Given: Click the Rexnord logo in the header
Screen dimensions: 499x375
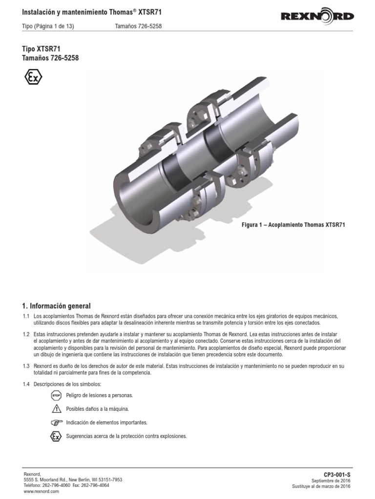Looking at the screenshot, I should click(x=317, y=17).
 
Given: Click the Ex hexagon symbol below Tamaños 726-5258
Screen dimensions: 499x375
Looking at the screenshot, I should click(x=33, y=77).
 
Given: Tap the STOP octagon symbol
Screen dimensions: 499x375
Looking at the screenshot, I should click(x=56, y=395).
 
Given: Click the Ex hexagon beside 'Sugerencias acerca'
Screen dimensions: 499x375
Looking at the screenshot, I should click(x=56, y=436).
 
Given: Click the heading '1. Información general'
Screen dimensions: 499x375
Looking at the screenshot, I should click(x=56, y=306).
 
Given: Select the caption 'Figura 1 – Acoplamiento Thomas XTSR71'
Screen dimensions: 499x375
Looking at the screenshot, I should click(x=293, y=225).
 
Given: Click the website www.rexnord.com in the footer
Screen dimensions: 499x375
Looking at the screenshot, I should click(x=42, y=492).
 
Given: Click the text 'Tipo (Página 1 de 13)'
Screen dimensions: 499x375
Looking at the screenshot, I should click(x=48, y=26).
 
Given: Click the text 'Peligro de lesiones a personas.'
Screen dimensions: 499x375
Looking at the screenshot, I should click(x=99, y=395).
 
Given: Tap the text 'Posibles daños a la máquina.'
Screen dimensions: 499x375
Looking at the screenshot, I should click(x=97, y=409).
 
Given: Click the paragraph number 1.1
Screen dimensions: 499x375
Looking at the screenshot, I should click(x=26, y=316).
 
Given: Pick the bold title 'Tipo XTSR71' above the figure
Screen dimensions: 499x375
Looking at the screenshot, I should click(x=42, y=49).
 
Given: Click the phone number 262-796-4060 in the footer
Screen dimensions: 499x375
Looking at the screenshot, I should click(x=57, y=485).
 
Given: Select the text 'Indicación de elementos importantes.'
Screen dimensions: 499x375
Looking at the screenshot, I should click(x=106, y=422).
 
